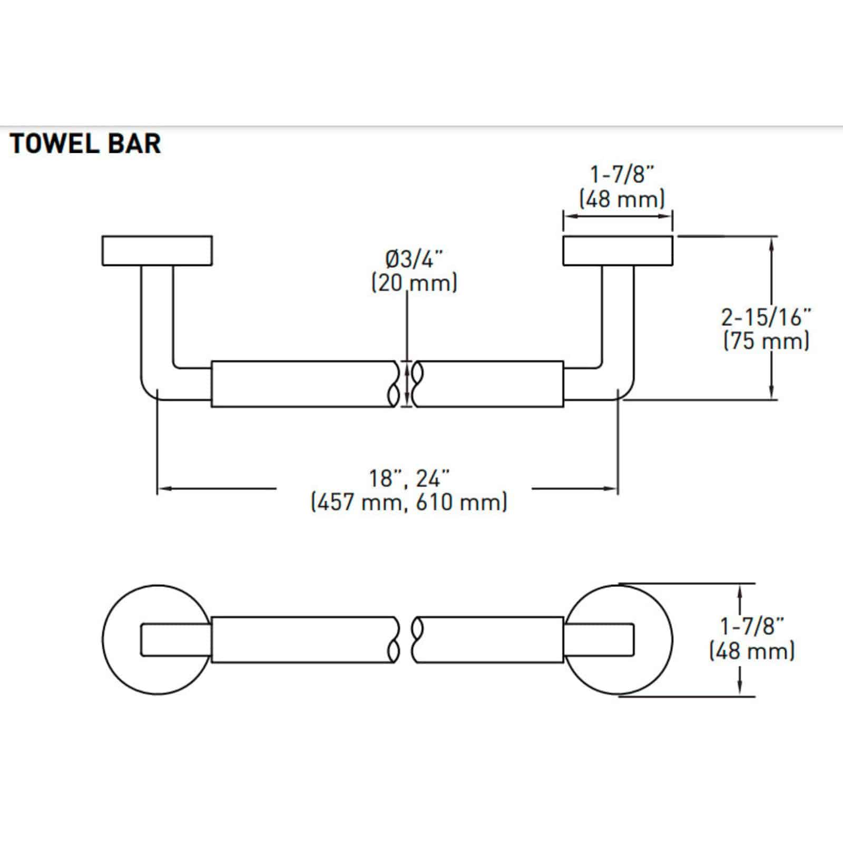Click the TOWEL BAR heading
[85, 143]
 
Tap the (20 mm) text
[414, 283]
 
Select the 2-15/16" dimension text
[766, 317]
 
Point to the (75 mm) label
[766, 341]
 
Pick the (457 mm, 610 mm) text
[409, 502]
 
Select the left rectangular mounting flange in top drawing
[157, 251]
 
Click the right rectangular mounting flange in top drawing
[617, 251]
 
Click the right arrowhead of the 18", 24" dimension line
[613, 489]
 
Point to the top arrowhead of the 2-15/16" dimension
[772, 242]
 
